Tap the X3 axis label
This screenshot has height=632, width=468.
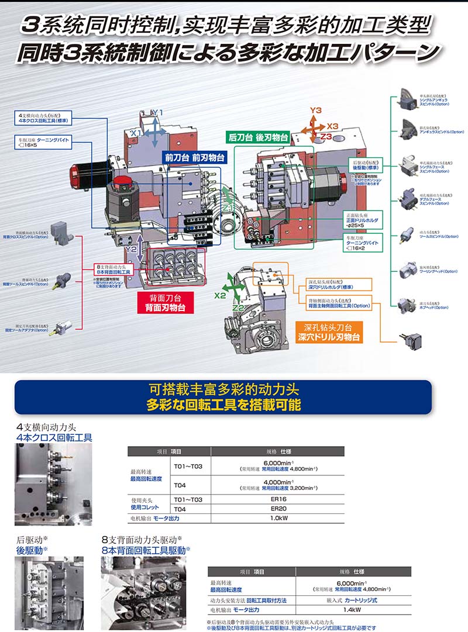(332, 126)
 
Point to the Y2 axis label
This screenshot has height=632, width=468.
(132, 249)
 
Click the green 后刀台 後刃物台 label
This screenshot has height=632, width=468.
(258, 138)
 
